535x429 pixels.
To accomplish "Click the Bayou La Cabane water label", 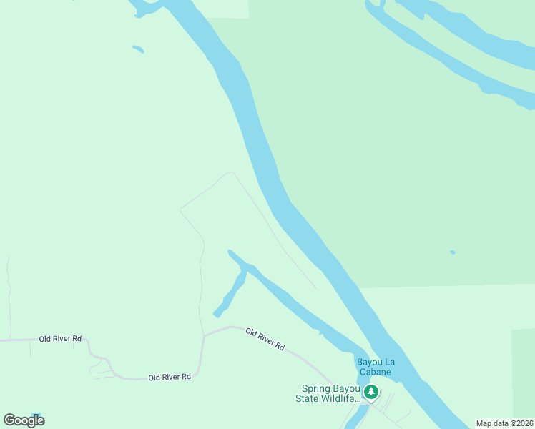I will tap(376, 366).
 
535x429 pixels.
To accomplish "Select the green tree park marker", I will tap(370, 392).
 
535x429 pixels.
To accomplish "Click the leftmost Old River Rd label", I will tap(55, 338).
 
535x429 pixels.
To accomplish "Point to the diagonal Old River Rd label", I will tap(265, 338).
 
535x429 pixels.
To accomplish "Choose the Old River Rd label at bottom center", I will tap(170, 377).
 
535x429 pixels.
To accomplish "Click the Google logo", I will tap(24, 420).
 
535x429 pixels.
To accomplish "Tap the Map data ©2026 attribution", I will tap(504, 423).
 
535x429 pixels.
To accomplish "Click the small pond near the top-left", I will tap(138, 49).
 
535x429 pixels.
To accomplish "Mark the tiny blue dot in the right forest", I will tap(452, 252).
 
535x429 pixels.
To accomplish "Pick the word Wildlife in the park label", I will tap(340, 399).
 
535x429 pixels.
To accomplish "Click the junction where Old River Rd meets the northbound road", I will tap(204, 335).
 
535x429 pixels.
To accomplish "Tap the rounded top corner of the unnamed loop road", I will tap(230, 172).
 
